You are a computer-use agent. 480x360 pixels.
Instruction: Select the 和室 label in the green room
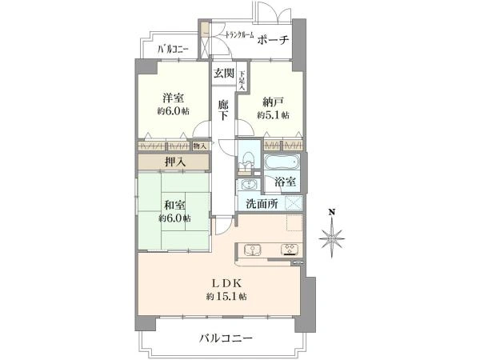click(x=174, y=203)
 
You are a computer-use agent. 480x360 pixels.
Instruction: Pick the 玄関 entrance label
click(x=223, y=74)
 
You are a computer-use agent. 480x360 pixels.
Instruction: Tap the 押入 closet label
click(x=175, y=162)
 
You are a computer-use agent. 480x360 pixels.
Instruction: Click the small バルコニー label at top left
click(x=173, y=50)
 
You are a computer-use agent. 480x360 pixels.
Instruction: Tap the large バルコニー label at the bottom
click(x=226, y=339)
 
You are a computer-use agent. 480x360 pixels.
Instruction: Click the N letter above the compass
click(x=330, y=213)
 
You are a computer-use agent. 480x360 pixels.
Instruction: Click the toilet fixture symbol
click(x=248, y=154)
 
